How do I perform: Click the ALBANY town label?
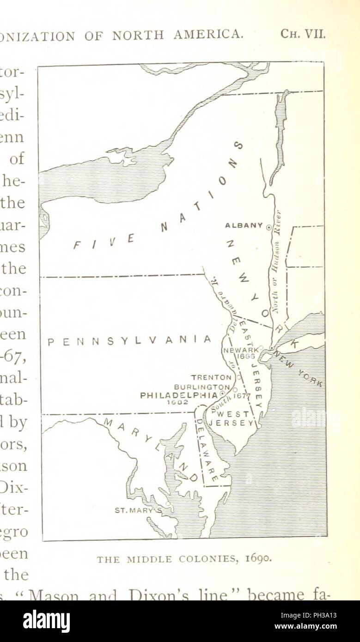[x=244, y=225]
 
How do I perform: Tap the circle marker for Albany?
[x=268, y=226]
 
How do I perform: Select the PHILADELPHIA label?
[x=178, y=395]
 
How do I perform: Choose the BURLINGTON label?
[x=201, y=387]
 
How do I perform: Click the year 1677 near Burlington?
[x=241, y=396]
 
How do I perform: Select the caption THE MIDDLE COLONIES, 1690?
[x=184, y=559]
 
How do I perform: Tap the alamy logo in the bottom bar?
[x=46, y=621]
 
